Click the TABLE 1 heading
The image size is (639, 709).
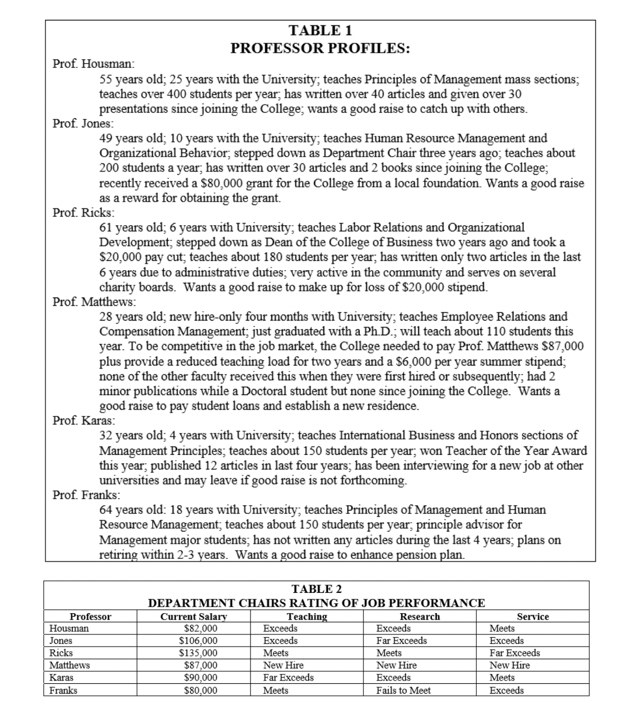(320, 30)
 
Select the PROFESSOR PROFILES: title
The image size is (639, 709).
(320, 48)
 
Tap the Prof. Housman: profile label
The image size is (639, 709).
(90, 64)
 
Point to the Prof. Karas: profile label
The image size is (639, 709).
(84, 420)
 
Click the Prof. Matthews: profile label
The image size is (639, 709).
(94, 301)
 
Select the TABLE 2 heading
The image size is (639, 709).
(317, 589)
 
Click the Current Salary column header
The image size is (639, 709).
(193, 616)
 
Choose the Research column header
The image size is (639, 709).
(420, 616)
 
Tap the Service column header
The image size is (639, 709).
(533, 616)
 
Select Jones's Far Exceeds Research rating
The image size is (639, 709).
(401, 641)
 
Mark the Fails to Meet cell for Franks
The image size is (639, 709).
(403, 690)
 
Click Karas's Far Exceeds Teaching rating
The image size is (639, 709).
(288, 678)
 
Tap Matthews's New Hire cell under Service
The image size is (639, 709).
(509, 665)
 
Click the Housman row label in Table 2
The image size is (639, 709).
(69, 628)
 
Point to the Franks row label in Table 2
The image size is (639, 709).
(63, 690)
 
